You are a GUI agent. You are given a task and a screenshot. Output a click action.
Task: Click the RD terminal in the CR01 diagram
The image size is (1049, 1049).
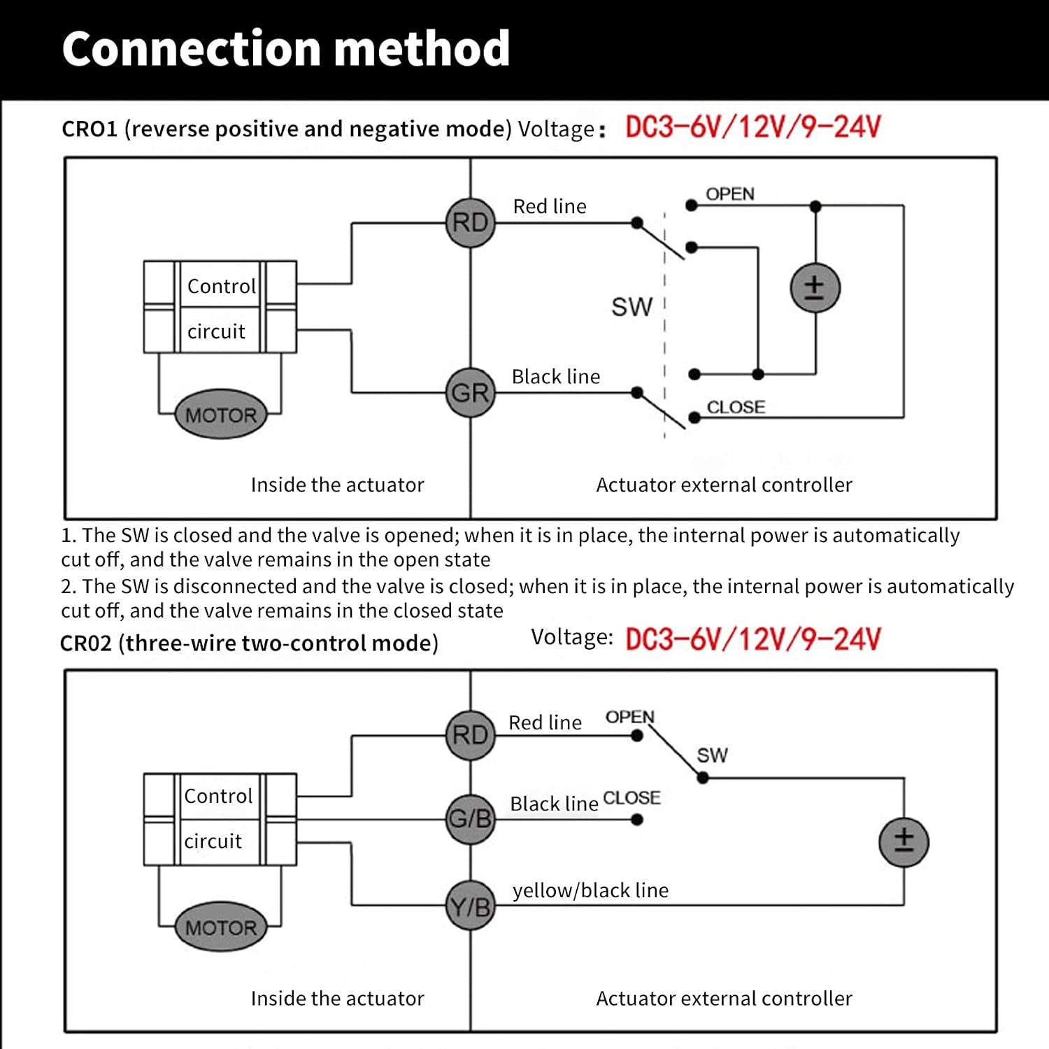click(471, 222)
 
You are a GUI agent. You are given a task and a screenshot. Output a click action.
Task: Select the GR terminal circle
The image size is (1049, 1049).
click(471, 392)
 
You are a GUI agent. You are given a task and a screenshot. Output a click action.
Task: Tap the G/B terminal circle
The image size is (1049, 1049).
click(471, 818)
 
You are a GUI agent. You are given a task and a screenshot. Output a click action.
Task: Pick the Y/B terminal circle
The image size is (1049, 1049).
click(471, 906)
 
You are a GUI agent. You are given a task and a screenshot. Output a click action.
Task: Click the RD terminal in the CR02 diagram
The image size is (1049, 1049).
click(471, 735)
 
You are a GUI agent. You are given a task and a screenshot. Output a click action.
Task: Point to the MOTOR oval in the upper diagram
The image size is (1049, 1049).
click(221, 415)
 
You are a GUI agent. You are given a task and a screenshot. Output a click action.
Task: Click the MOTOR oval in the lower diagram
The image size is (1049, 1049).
click(221, 927)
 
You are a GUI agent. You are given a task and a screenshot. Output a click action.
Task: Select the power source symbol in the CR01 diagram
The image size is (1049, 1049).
click(815, 288)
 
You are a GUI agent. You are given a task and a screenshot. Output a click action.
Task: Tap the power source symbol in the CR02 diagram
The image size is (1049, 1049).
click(904, 842)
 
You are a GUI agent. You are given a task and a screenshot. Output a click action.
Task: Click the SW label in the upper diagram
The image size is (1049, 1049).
click(631, 307)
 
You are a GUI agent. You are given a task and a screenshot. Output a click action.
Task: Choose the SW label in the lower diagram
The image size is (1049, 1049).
click(712, 755)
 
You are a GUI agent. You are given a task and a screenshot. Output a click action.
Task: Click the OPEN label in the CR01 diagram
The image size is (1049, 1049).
click(729, 194)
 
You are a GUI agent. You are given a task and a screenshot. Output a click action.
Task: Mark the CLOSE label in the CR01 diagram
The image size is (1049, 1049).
click(736, 407)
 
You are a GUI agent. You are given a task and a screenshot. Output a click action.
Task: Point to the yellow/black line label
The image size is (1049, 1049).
click(590, 890)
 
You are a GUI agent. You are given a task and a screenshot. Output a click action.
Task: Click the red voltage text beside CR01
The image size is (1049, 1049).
click(752, 127)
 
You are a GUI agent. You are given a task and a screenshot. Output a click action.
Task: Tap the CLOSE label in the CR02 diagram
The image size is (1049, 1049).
click(631, 798)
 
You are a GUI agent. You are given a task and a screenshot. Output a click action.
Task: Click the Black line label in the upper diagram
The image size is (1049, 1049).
click(556, 377)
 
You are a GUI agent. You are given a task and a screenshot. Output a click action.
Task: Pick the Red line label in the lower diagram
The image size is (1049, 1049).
click(545, 722)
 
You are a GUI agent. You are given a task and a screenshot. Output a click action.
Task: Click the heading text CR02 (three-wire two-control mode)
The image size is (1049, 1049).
click(249, 643)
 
